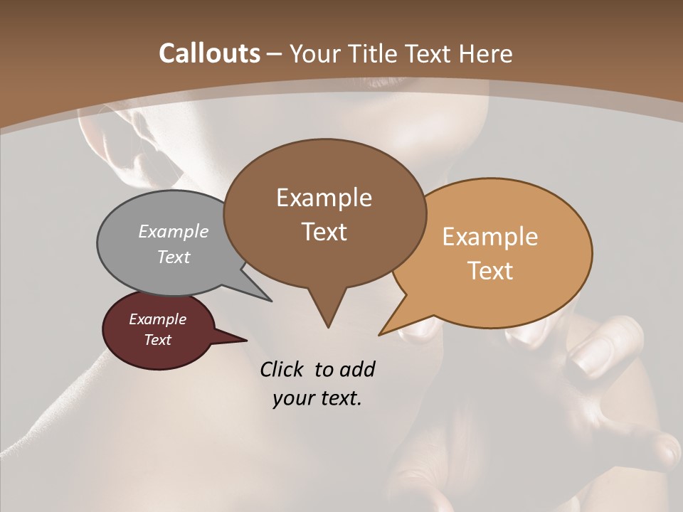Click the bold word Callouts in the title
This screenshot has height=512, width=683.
pyautogui.click(x=209, y=53)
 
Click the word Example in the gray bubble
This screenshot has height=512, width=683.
pyautogui.click(x=174, y=231)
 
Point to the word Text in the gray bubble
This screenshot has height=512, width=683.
pyautogui.click(x=174, y=257)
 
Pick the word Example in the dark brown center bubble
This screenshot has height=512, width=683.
pyautogui.click(x=324, y=198)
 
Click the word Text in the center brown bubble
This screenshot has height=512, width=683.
pyautogui.click(x=324, y=232)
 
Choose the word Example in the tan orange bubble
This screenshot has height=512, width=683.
pyautogui.click(x=490, y=237)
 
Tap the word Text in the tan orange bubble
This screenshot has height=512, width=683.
pyautogui.click(x=490, y=271)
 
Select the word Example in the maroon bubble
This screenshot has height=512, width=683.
pyautogui.click(x=157, y=319)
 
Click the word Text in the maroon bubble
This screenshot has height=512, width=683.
pyautogui.click(x=157, y=340)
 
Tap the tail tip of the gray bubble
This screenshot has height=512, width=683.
pyautogui.click(x=270, y=300)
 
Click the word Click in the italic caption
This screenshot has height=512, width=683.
pyautogui.click(x=283, y=370)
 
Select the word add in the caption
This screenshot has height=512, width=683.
pyautogui.click(x=356, y=370)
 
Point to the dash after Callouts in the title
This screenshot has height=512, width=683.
pyautogui.click(x=273, y=54)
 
